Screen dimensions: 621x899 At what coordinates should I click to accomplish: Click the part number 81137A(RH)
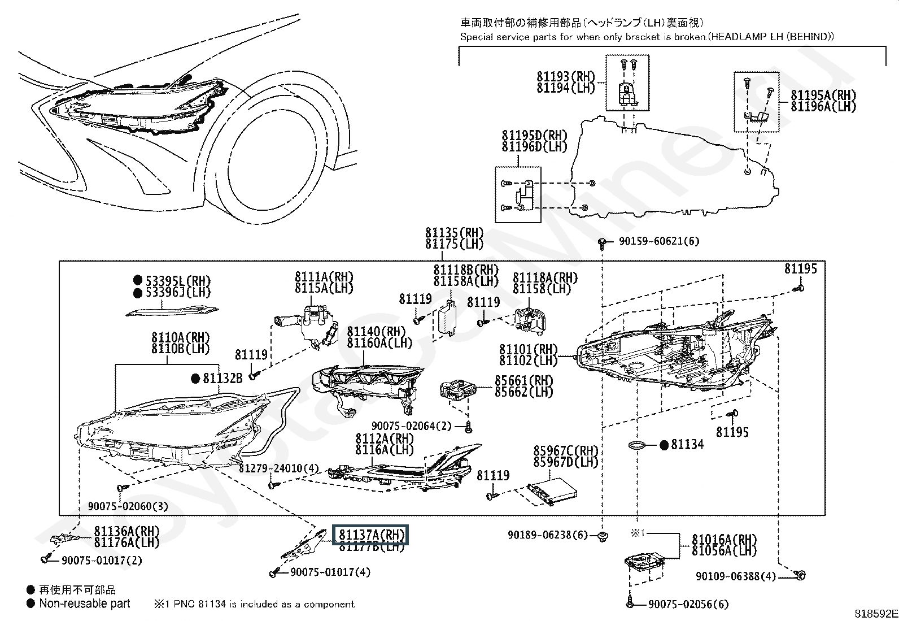370,535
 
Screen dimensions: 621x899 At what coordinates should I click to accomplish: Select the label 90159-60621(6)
658,241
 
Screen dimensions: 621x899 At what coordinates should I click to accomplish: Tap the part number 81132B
222,378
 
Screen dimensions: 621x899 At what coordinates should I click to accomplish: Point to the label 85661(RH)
524,381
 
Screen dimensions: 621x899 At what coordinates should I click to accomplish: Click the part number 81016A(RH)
725,540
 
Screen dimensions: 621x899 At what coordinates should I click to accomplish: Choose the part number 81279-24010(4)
278,469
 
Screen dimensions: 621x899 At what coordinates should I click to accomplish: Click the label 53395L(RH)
178,280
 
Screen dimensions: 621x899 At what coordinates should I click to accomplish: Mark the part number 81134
687,445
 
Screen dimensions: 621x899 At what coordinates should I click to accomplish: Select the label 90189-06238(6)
548,535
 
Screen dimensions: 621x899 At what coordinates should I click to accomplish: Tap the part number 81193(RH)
566,77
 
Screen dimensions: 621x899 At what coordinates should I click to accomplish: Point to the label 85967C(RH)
565,451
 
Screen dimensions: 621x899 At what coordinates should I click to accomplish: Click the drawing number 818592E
876,614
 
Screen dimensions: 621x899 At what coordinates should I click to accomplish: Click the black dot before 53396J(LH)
137,293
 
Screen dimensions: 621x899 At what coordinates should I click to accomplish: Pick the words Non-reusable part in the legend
85,604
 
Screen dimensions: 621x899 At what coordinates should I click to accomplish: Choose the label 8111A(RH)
324,277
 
